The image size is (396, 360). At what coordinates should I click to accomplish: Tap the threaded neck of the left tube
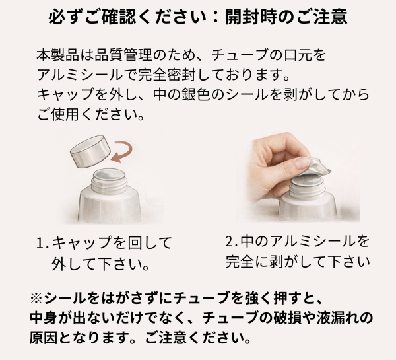[x=110, y=179]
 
